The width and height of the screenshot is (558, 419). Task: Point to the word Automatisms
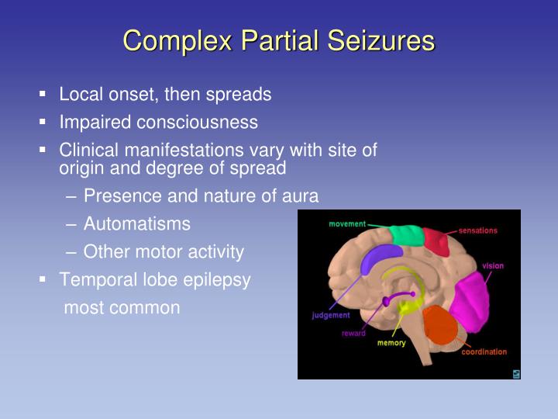(x=136, y=224)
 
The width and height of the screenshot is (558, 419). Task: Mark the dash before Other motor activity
(x=71, y=252)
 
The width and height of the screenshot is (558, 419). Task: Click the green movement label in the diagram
(x=346, y=224)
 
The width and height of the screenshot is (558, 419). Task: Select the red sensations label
(x=477, y=230)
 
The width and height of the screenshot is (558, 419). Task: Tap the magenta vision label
(x=493, y=266)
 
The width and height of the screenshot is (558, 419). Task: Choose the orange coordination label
(x=484, y=351)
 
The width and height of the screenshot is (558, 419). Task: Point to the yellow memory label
(x=391, y=343)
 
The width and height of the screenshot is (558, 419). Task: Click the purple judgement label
(x=331, y=315)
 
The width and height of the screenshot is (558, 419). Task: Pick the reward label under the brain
(x=353, y=334)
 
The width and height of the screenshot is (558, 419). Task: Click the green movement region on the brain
(x=405, y=234)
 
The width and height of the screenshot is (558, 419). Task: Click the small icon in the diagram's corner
(x=515, y=374)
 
